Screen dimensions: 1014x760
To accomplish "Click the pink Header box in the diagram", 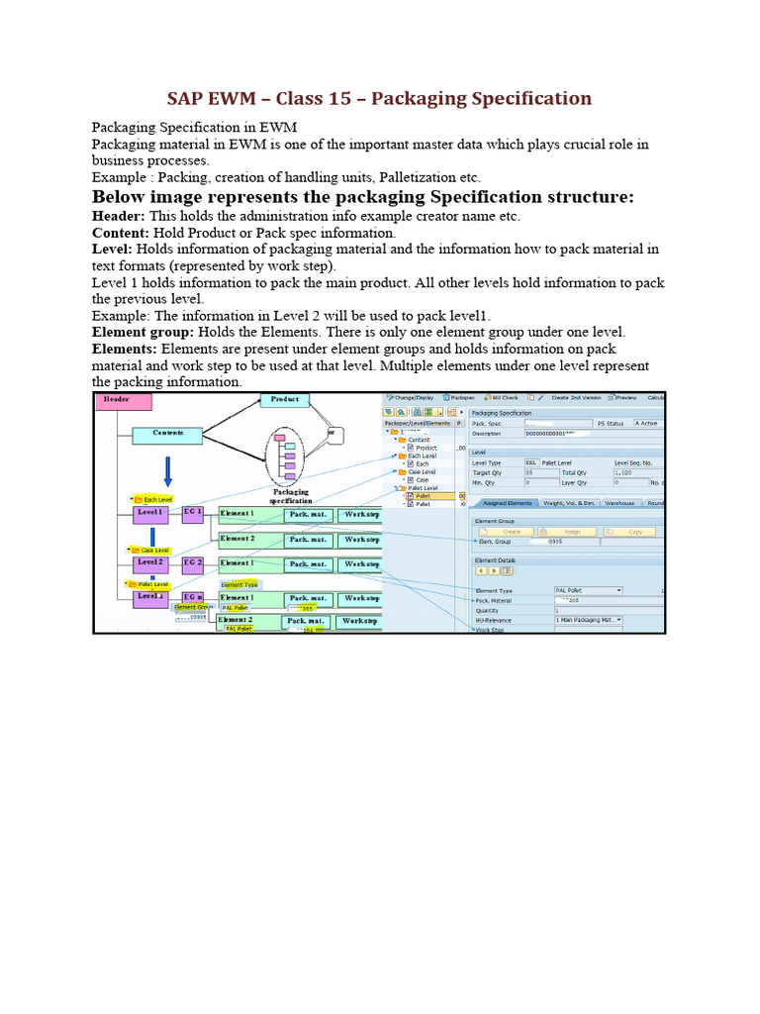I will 124,401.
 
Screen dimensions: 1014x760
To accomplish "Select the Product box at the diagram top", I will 286,400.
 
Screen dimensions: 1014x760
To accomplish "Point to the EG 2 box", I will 193,563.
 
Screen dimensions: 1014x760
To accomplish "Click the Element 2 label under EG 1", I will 237,539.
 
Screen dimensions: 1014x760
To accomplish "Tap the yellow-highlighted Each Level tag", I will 157,499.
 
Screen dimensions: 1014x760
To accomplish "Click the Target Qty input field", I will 542,473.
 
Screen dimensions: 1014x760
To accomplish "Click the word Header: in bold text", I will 118,216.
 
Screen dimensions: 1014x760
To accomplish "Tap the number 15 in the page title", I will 329,98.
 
